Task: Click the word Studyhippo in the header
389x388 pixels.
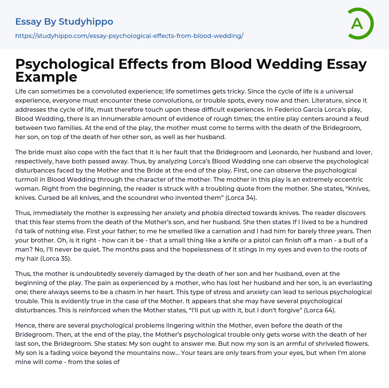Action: (86, 22)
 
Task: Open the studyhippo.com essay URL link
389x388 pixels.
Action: (129, 36)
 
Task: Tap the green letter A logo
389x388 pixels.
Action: (357, 24)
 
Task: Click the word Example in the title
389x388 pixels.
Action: (46, 77)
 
